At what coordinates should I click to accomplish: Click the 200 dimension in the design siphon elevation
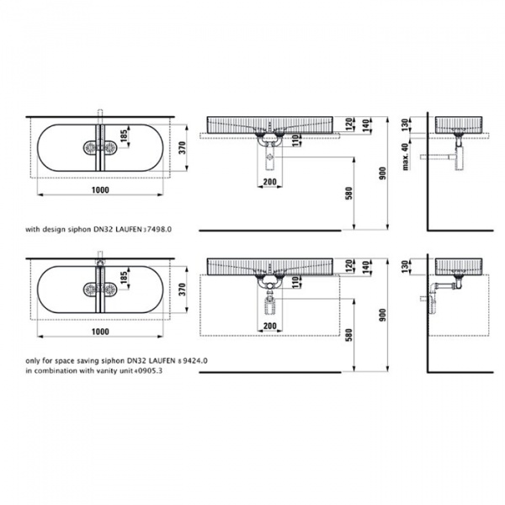(270, 182)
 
